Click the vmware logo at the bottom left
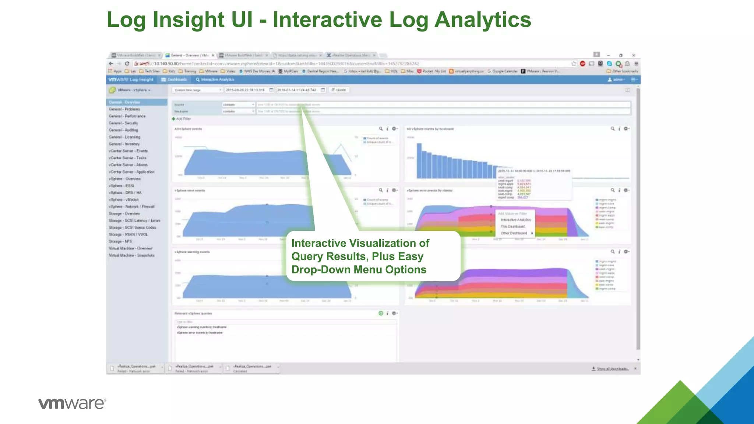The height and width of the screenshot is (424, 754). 72,403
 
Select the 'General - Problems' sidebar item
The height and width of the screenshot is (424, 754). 124,109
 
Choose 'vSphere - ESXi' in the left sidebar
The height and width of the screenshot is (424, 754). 121,186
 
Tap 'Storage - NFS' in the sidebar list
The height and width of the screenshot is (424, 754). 120,241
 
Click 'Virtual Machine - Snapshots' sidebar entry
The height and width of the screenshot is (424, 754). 131,255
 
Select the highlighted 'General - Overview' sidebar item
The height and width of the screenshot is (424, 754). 124,102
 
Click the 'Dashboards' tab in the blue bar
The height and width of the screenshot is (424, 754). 175,79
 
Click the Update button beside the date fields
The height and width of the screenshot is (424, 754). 339,90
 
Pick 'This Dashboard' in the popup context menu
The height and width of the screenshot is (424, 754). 513,226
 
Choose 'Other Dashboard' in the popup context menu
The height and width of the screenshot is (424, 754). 514,233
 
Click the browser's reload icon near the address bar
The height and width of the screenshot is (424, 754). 127,64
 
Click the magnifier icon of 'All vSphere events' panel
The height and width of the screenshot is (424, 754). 381,129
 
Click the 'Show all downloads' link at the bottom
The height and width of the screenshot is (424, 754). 612,368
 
